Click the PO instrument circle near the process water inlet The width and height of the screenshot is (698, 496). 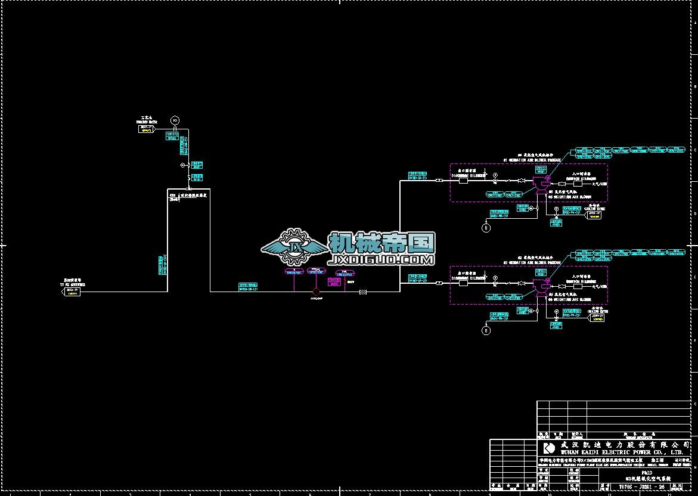point(175,121)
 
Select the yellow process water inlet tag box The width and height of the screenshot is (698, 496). point(145,128)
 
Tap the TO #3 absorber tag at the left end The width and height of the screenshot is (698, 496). point(73,292)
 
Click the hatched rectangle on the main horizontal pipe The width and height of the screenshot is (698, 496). point(362,292)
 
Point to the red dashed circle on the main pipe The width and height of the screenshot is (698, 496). point(317,292)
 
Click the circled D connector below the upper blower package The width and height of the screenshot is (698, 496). point(486,228)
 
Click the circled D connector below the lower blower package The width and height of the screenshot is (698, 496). point(486,330)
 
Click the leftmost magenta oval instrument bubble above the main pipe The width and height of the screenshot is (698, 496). point(294,272)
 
